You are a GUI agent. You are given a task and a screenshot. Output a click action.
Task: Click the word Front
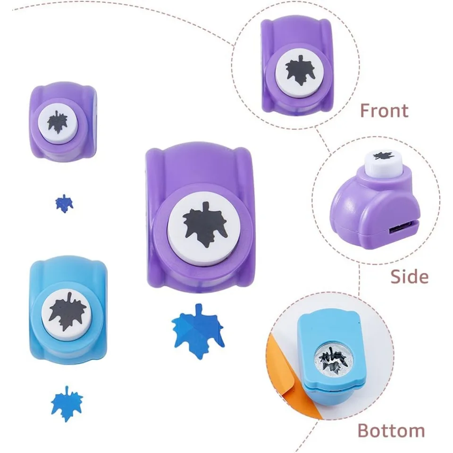(384, 110)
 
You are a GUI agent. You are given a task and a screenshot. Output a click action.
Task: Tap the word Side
(409, 276)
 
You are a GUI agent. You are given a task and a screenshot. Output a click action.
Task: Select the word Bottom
(391, 430)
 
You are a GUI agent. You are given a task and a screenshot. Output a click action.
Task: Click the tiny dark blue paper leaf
(64, 203)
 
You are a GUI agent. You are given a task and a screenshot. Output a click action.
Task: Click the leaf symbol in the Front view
(299, 69)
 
